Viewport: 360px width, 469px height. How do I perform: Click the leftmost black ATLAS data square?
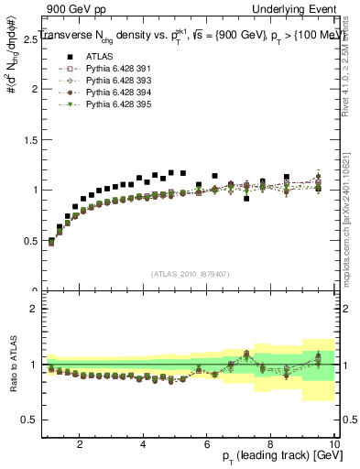pos(51,241)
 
